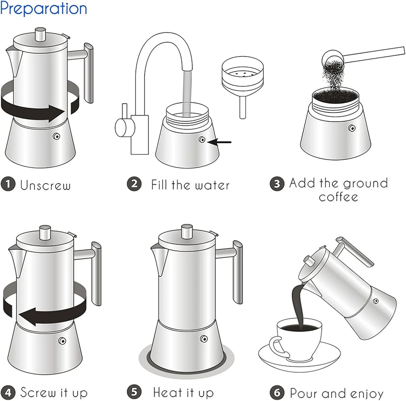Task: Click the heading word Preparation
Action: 44,8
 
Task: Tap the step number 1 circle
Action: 8,185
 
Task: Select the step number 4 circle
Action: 8,393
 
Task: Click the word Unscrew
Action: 46,185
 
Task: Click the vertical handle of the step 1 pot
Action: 89,73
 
